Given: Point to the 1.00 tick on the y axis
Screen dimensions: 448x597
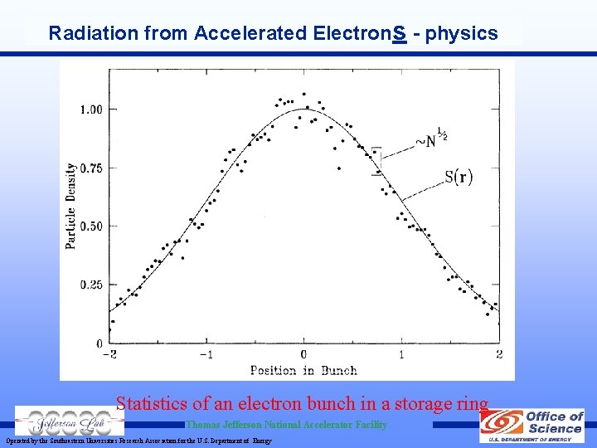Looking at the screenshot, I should [91, 109].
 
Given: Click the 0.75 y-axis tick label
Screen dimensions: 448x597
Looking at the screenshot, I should [91, 168].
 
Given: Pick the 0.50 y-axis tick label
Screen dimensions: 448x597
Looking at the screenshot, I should [91, 226].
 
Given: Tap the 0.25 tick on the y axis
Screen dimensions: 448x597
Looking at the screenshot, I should [91, 285].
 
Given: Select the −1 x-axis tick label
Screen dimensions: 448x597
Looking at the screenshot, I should [206, 354].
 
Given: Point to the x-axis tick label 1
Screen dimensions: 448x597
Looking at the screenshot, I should [402, 354].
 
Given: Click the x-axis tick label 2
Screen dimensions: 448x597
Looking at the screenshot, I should [498, 354].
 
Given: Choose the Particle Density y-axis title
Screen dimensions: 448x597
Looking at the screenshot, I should [71, 205].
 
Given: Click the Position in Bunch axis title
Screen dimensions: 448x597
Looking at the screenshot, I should [303, 370].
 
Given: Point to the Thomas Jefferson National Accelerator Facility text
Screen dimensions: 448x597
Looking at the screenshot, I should [286, 425].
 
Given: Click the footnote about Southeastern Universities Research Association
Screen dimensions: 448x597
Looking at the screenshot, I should [138, 441].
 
